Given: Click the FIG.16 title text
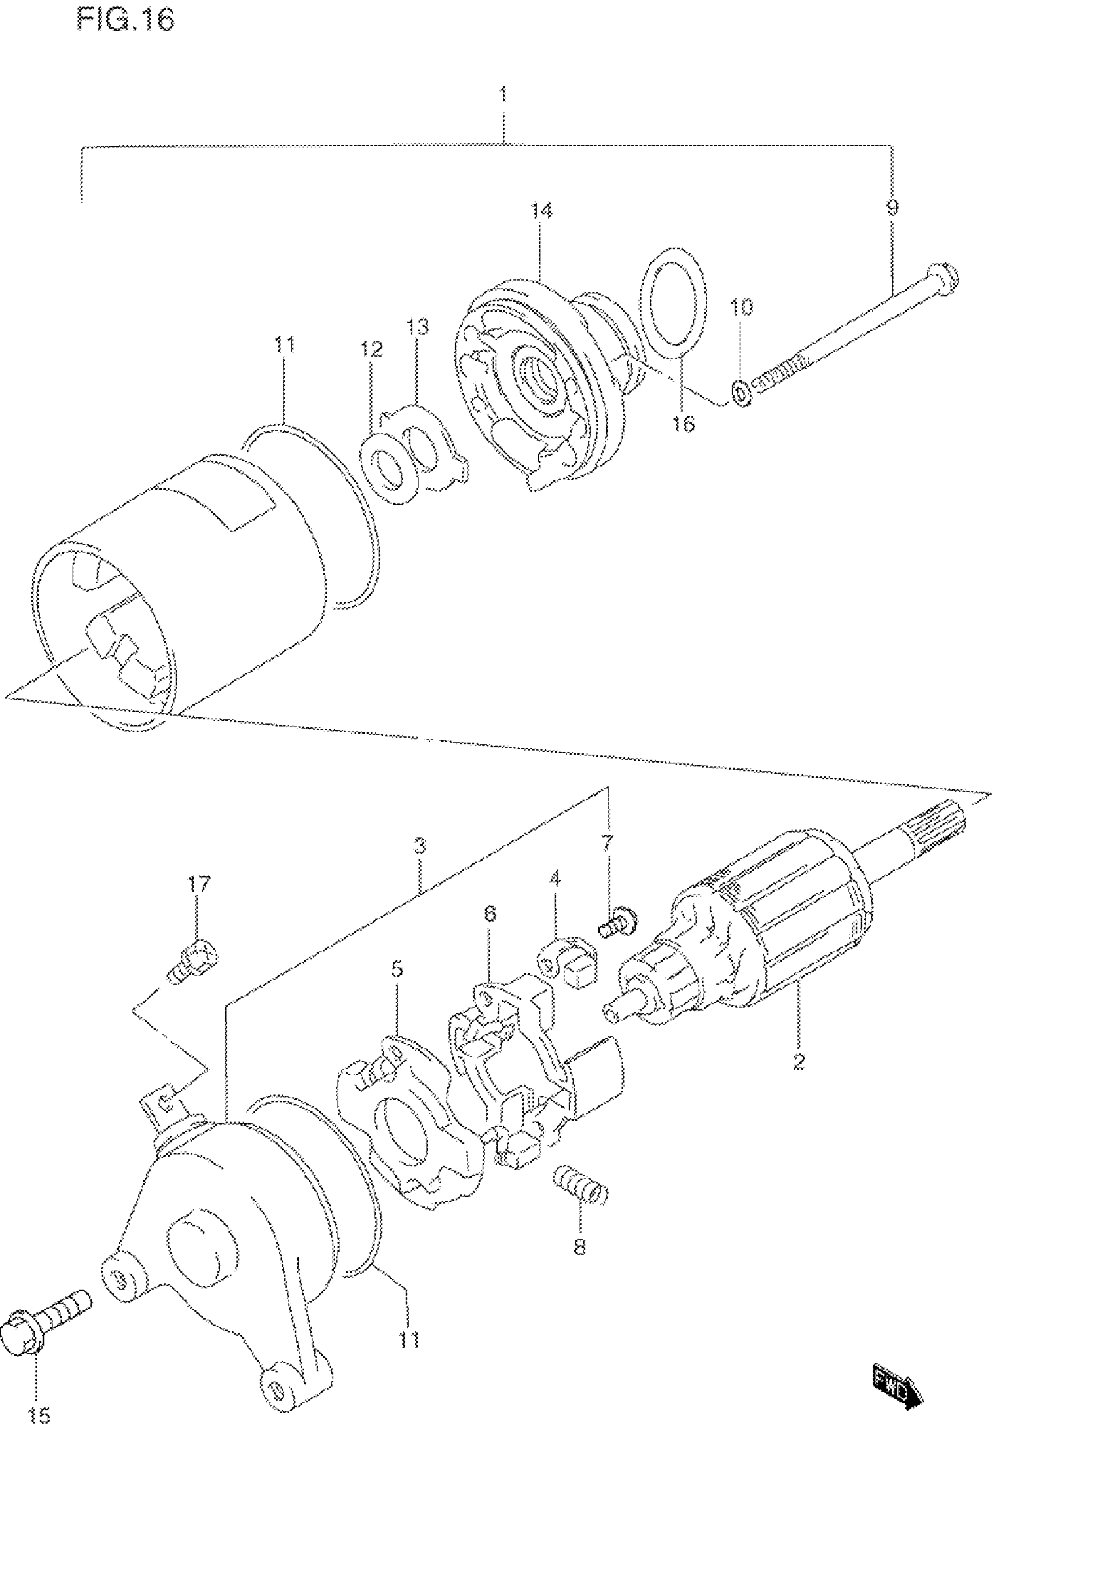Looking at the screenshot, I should pos(126,20).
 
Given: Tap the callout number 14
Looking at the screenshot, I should pos(541,210).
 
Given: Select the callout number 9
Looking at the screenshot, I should pos(892,208).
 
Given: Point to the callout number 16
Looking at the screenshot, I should pos(683,424).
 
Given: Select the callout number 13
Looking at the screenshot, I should pos(418,327).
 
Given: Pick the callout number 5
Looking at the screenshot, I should pos(397,969).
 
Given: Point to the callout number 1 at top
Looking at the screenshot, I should pos(503,94).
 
